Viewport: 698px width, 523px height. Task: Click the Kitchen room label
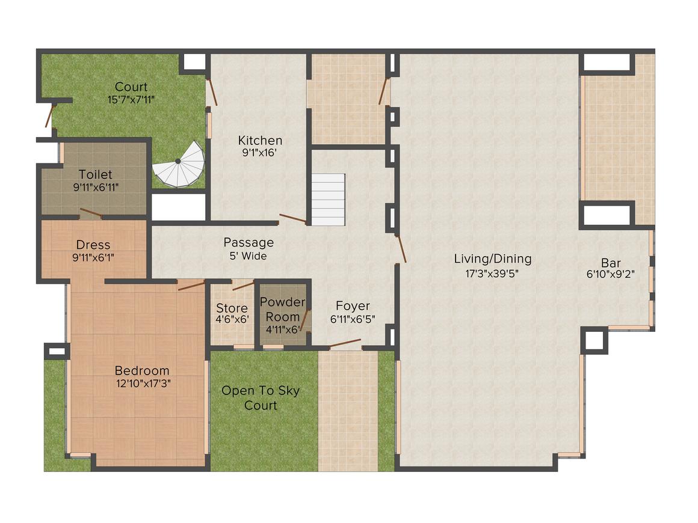[x=260, y=140]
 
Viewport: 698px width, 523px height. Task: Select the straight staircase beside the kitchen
[x=328, y=200]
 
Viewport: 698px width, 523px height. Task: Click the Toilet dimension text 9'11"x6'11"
[x=95, y=187]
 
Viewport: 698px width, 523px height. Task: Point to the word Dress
[x=93, y=245]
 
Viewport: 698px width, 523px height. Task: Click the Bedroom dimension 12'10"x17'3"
[x=142, y=383]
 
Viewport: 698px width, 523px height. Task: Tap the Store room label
[x=232, y=308]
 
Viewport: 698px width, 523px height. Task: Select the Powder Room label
[x=283, y=309]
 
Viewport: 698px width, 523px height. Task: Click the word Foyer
[x=353, y=306]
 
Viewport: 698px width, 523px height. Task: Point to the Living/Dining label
[x=493, y=259]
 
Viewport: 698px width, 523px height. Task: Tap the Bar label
[x=611, y=263]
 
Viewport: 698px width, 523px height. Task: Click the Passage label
[x=249, y=242]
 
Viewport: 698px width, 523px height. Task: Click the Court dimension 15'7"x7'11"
[x=131, y=99]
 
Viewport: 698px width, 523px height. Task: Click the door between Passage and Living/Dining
[x=401, y=249]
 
